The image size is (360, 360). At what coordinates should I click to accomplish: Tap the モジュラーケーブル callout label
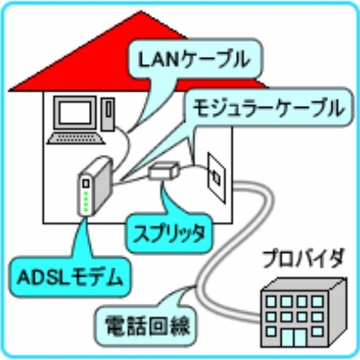point(267,109)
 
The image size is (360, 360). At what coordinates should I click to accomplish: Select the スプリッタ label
point(169,234)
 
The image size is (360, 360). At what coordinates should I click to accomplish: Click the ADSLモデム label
point(70,278)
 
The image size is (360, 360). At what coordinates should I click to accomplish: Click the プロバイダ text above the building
point(303,259)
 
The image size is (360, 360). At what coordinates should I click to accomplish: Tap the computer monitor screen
point(76,113)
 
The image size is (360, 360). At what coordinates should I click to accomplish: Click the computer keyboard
point(76,138)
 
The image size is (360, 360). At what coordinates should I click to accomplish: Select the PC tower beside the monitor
point(108,113)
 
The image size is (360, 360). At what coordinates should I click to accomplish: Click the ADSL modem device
point(94,187)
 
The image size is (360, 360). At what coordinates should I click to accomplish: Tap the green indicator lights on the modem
point(86,201)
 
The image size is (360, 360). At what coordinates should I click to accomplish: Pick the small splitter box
point(164,170)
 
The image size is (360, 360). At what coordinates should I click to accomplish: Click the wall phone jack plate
point(217,177)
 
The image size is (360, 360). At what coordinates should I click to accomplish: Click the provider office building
point(304,314)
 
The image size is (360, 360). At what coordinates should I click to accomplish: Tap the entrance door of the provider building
point(293,338)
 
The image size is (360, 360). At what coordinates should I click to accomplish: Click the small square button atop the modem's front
point(86,184)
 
